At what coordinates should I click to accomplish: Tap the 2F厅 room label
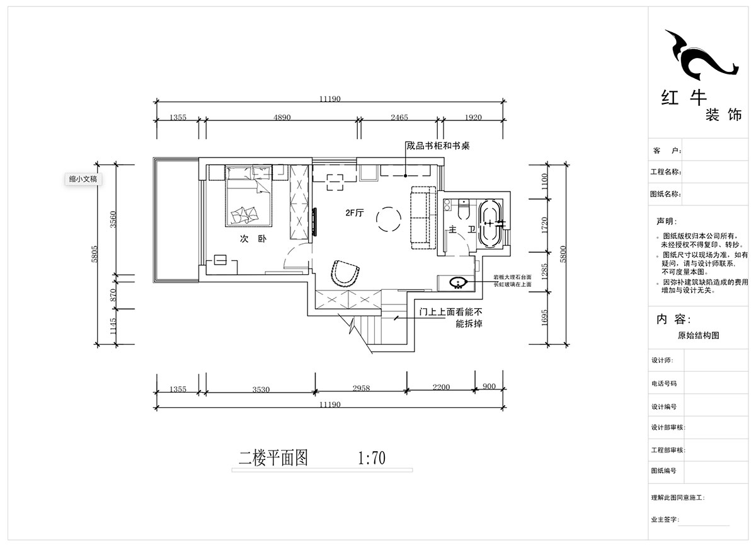(x=355, y=213)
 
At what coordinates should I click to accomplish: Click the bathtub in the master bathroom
(x=490, y=224)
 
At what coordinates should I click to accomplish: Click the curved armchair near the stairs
(x=345, y=272)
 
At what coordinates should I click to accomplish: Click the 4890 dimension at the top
(x=281, y=117)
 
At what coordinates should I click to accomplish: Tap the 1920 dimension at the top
(x=472, y=117)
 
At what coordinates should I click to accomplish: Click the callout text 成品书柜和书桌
(x=438, y=146)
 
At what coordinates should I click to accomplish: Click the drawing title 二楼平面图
(x=273, y=458)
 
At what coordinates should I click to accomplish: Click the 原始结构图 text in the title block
(x=697, y=336)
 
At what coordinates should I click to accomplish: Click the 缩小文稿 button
(x=83, y=179)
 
